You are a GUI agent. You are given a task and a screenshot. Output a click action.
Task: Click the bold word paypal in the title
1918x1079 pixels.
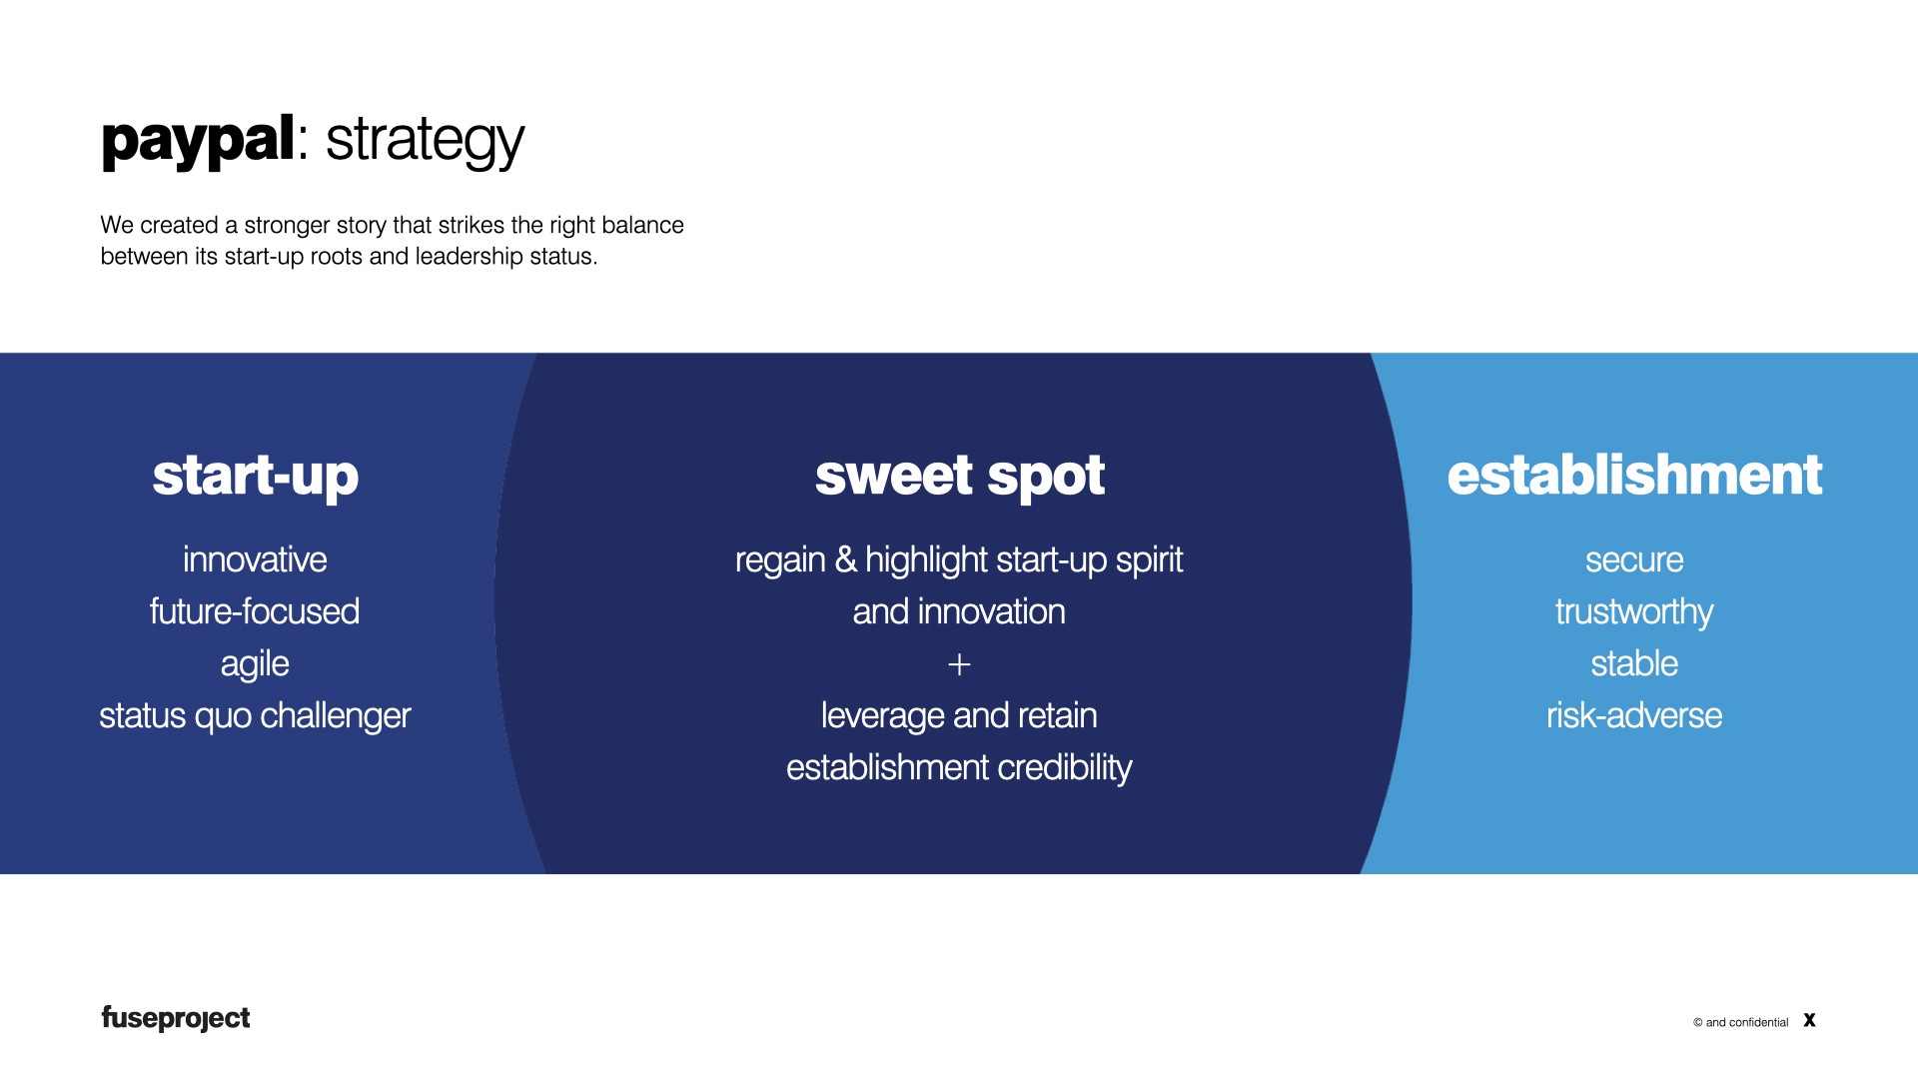pyautogui.click(x=198, y=140)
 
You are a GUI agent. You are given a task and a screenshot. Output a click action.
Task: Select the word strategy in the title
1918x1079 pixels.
pyautogui.click(x=425, y=140)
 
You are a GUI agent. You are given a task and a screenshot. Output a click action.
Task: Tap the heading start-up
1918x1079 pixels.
pyautogui.click(x=255, y=476)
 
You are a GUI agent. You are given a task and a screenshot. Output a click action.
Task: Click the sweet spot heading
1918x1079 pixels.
pyautogui.click(x=959, y=476)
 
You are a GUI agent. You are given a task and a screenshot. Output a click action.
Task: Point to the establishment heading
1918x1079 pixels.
pyautogui.click(x=1634, y=476)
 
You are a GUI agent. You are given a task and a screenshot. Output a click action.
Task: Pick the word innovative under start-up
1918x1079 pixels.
pyautogui.click(x=255, y=559)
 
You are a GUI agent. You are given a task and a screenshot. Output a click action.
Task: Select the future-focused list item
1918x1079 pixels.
pyautogui.click(x=255, y=611)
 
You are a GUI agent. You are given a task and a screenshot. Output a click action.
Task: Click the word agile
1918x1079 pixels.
pyautogui.click(x=255, y=664)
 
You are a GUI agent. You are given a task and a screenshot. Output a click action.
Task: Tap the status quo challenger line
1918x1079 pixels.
pyautogui.click(x=255, y=715)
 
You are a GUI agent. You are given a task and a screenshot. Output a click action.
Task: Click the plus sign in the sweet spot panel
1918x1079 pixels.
pyautogui.click(x=959, y=664)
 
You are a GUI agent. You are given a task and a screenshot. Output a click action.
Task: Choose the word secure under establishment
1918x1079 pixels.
pyautogui.click(x=1634, y=559)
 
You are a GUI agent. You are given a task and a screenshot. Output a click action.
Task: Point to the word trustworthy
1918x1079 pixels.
pyautogui.click(x=1634, y=611)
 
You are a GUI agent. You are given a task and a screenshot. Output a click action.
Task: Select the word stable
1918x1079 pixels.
pyautogui.click(x=1634, y=663)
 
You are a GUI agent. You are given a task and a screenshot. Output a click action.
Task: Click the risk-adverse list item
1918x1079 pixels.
pyautogui.click(x=1634, y=715)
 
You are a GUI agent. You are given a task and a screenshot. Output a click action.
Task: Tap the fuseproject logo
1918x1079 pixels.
pyautogui.click(x=176, y=1018)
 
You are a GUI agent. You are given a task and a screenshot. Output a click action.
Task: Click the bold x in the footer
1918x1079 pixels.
pyautogui.click(x=1809, y=1020)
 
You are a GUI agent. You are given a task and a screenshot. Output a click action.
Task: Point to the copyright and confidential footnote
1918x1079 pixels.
pyautogui.click(x=1740, y=1022)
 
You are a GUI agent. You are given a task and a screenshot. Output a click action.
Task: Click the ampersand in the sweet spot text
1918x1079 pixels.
pyautogui.click(x=846, y=559)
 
